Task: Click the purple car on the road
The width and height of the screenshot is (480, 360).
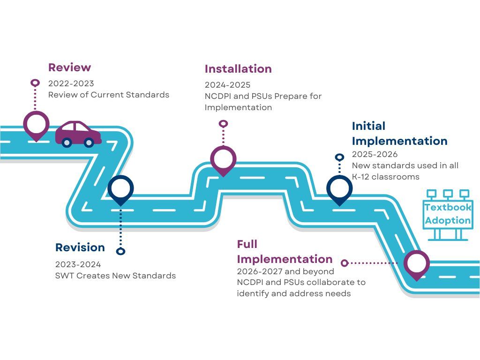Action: pos(78,133)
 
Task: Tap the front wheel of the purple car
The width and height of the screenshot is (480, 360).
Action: pos(89,142)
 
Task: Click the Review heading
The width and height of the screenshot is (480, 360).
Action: pos(69,67)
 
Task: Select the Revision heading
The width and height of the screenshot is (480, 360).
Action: pos(80,247)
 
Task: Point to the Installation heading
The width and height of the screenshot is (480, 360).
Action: pos(238,69)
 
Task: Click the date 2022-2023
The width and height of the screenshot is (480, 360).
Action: pos(71,83)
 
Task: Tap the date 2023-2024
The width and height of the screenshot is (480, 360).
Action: pos(78,264)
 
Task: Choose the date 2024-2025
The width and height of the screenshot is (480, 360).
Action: pos(227,85)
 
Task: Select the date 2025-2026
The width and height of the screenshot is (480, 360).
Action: pos(375,154)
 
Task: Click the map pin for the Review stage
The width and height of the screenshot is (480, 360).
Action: pos(36,125)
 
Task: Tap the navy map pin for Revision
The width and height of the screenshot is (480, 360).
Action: pos(120,189)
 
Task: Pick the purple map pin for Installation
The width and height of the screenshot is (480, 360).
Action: pos(223,159)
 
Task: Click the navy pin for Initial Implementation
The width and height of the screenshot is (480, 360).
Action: pos(339,189)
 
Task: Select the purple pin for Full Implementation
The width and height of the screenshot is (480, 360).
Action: pos(416,264)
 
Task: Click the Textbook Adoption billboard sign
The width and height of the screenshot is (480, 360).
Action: pos(448,214)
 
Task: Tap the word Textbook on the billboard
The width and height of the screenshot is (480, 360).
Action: pos(448,207)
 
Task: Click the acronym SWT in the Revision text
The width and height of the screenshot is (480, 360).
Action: pos(64,276)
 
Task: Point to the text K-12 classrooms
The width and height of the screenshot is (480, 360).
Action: pos(385,177)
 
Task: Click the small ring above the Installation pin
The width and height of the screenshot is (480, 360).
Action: pos(224,124)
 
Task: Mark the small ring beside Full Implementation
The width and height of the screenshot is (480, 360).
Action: pos(345,263)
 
